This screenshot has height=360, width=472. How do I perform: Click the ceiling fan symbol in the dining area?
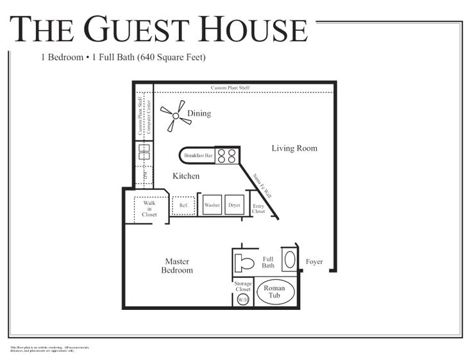175,116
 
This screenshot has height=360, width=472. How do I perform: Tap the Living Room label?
294,148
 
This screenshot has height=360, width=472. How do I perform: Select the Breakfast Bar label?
198,155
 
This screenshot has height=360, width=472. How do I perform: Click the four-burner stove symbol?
226,155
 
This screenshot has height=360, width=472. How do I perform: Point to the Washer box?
212,205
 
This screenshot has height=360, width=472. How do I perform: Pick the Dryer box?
235,205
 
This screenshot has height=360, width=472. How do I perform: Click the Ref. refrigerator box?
184,205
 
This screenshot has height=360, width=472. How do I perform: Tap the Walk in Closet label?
149,209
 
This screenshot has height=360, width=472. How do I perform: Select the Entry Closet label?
258,208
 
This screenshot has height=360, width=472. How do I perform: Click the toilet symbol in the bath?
244,262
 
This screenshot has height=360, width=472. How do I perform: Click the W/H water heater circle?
243,300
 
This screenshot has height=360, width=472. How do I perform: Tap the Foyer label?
314,262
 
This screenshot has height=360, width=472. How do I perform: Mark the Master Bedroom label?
177,266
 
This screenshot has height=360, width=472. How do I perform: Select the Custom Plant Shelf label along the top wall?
230,87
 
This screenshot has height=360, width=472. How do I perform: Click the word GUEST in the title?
139,30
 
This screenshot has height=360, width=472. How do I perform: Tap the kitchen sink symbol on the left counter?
144,152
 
